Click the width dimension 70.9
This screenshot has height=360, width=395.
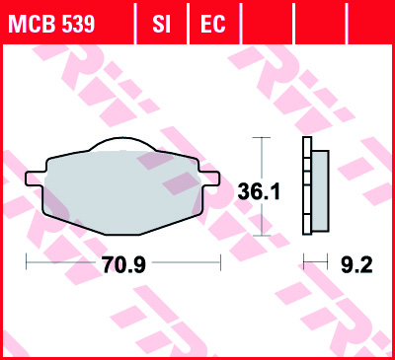(x=122, y=264)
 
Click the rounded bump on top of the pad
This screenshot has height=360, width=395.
(x=122, y=146)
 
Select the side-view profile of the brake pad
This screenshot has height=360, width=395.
(x=316, y=186)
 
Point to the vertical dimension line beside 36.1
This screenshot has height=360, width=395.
(x=261, y=158)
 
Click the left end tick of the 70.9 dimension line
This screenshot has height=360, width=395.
(x=27, y=263)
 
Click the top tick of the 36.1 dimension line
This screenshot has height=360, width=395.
(x=261, y=138)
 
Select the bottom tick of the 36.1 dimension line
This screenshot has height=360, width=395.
(x=261, y=236)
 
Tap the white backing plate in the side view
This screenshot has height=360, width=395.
(x=307, y=186)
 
